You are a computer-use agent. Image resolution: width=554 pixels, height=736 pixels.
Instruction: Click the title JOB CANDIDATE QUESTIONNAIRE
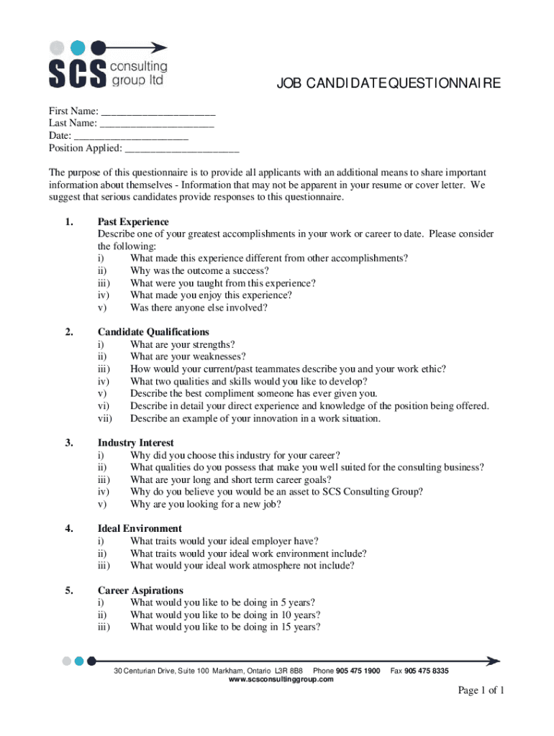[x=389, y=85]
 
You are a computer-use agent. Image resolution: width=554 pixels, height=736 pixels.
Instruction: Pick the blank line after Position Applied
[x=182, y=149]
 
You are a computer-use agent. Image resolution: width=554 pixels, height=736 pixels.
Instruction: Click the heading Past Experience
[x=133, y=222]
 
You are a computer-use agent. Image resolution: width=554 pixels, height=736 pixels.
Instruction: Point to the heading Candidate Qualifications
[x=153, y=332]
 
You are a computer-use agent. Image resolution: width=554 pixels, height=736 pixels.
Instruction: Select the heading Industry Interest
[x=135, y=443]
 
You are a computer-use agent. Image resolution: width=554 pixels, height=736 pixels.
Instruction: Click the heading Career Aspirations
[x=140, y=591]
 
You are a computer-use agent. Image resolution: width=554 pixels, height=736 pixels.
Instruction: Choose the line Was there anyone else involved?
[x=199, y=308]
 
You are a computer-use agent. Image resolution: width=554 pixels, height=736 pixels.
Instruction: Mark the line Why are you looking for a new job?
[x=206, y=505]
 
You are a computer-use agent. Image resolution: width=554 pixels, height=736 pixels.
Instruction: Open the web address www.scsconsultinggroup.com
[x=281, y=679]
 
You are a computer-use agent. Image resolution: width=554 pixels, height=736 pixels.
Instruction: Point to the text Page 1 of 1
[x=481, y=691]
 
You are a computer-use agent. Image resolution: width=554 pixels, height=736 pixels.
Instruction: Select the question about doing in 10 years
[x=225, y=615]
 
